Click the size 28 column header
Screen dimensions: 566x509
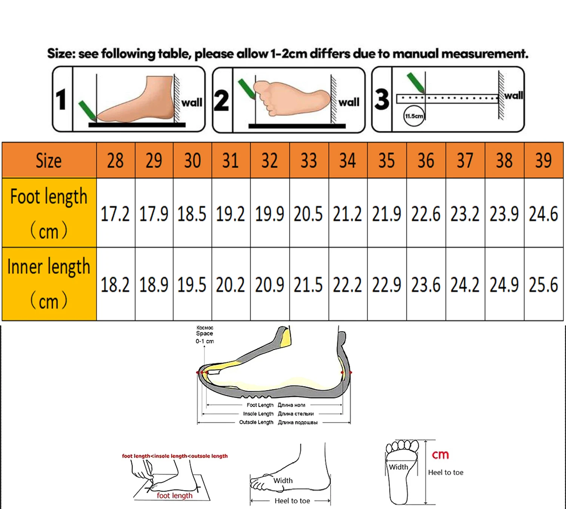(115, 160)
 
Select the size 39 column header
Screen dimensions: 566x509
(543, 160)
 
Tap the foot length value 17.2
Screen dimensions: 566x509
(115, 213)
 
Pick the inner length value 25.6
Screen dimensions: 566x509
(543, 284)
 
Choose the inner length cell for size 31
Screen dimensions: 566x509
(231, 284)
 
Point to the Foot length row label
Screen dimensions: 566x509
(49, 213)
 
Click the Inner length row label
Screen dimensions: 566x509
(49, 284)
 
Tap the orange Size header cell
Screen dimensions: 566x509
(49, 160)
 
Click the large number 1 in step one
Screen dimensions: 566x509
(61, 99)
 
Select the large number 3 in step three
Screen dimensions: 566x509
(382, 99)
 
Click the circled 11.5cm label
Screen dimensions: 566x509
(414, 116)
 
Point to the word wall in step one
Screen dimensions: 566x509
(192, 102)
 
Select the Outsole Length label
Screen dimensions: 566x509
(256, 422)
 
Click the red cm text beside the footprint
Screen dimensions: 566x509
(440, 455)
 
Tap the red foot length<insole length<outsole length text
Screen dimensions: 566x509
(175, 456)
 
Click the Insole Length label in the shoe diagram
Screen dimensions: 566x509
(258, 414)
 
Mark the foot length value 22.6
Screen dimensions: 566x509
(426, 213)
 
